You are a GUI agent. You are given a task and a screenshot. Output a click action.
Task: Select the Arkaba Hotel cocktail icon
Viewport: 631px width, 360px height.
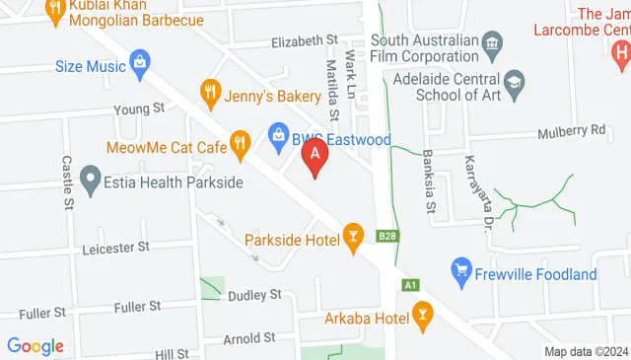click(422, 318)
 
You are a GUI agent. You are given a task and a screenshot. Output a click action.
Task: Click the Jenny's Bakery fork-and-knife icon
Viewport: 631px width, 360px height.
click(209, 95)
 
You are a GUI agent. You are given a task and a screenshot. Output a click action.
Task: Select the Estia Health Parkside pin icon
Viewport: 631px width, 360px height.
click(91, 181)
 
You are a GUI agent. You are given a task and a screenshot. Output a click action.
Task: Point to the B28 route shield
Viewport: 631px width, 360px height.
click(388, 237)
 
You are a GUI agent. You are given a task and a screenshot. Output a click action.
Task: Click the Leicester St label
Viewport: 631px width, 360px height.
click(115, 246)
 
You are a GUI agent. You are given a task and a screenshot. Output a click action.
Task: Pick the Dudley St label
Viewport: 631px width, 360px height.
click(254, 295)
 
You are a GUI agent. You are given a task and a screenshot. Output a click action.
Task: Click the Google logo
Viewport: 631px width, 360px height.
click(35, 346)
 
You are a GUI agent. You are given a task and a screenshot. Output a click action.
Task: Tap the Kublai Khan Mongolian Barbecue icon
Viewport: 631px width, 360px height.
click(52, 8)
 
